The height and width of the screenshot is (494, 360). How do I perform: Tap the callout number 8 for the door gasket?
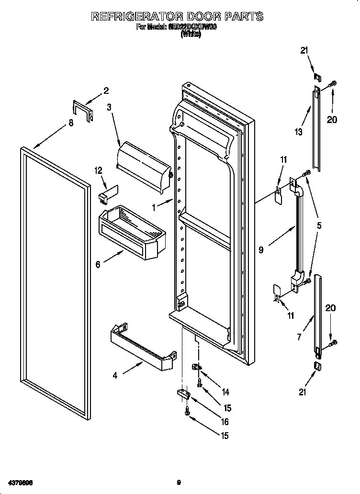click(x=71, y=123)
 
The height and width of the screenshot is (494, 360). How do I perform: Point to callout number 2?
click(x=106, y=90)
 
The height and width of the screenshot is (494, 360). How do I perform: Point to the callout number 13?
click(x=299, y=132)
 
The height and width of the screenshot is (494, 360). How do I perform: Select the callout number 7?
click(x=299, y=337)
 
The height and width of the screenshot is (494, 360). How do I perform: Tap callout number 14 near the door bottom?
click(x=225, y=392)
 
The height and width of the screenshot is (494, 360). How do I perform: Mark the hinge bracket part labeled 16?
click(x=184, y=393)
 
